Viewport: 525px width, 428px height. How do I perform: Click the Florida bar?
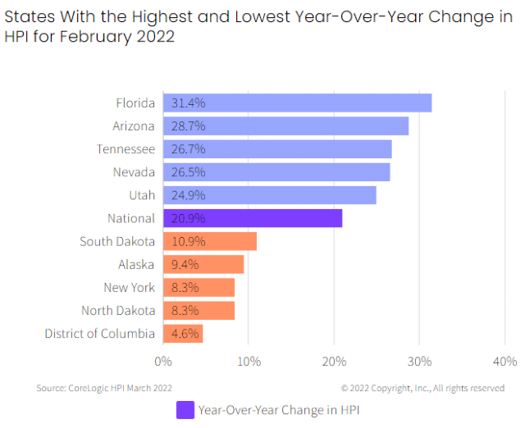pos(297,102)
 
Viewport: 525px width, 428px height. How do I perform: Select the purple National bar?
pos(253,218)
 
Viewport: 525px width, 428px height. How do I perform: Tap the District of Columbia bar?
pos(183,334)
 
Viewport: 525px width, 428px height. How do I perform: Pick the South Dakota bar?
pos(210,241)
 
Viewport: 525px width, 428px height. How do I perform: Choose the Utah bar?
pos(270,195)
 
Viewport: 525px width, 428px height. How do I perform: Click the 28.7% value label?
pos(188,126)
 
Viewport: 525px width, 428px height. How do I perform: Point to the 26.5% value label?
pos(188,172)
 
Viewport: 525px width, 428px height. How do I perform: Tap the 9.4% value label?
pos(185,265)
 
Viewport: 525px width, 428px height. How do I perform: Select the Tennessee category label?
pos(126,149)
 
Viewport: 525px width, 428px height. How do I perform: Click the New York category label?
pos(130,288)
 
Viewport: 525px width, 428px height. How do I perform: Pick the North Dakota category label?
pos(118,311)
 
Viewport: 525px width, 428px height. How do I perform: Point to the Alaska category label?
pos(136,264)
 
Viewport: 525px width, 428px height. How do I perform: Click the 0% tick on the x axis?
pos(163,362)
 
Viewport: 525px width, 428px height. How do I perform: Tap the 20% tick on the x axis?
pos(334,362)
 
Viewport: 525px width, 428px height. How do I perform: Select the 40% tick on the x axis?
pos(505,362)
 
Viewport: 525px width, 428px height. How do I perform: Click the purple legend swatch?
pos(185,410)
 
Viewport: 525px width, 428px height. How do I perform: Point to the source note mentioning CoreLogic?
pos(104,388)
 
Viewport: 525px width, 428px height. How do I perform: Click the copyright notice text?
pos(422,388)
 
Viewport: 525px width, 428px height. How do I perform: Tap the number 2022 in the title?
pos(156,36)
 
